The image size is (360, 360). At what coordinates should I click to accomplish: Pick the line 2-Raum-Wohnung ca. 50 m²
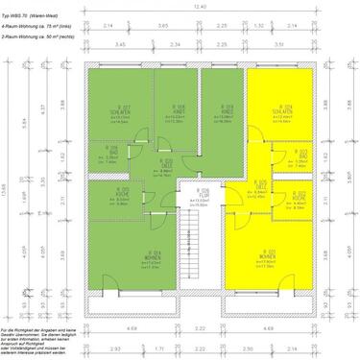click(x=37, y=36)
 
